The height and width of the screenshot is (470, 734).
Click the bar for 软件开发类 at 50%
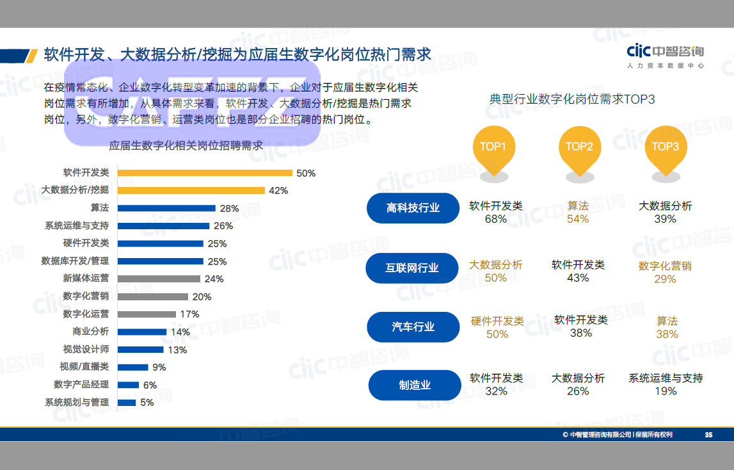coord(205,173)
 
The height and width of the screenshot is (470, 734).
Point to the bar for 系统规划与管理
coord(127,402)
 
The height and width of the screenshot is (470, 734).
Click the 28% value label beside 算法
coord(229,208)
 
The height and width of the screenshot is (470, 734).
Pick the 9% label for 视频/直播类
coord(159,367)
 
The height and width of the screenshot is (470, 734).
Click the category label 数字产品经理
coord(81,384)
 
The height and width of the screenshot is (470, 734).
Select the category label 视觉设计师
coord(86,349)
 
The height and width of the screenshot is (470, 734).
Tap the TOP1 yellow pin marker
coord(493,150)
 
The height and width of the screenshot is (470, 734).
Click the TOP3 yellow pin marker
coord(665,150)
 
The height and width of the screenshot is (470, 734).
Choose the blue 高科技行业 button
coord(413,208)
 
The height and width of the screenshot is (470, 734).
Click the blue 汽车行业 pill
coord(413,327)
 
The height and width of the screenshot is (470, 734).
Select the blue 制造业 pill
coord(415,385)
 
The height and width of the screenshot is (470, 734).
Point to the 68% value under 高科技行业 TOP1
coord(496,219)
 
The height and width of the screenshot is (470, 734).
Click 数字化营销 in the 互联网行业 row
coord(665,266)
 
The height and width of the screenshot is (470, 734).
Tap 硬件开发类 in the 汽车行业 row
coord(497,321)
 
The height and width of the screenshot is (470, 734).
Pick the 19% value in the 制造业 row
coord(666,391)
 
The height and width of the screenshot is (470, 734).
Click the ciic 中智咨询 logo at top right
coord(665,56)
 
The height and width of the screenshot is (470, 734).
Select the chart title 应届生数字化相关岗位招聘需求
coord(186,145)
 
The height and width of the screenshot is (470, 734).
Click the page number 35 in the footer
coord(708,435)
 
